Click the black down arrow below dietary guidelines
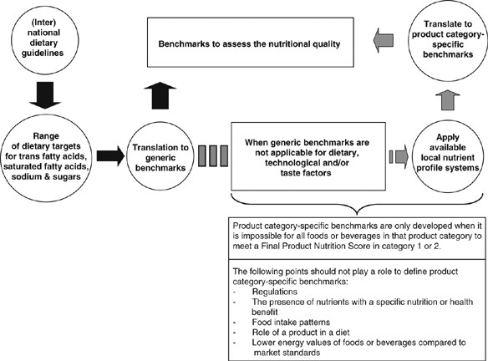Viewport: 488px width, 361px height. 45,95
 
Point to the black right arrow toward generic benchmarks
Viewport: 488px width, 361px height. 110,156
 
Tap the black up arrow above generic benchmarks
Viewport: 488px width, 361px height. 160,95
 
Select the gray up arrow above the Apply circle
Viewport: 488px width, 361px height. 448,99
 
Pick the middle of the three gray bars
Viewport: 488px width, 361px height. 213,156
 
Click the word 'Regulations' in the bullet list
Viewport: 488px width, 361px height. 274,292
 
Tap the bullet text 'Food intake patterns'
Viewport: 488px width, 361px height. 291,322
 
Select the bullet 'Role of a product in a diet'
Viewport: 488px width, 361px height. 301,333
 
